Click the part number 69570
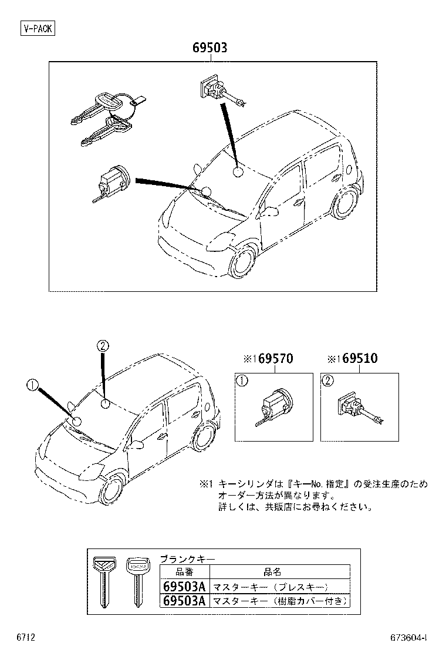click(273, 358)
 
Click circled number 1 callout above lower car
click(32, 385)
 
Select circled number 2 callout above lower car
click(102, 346)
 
